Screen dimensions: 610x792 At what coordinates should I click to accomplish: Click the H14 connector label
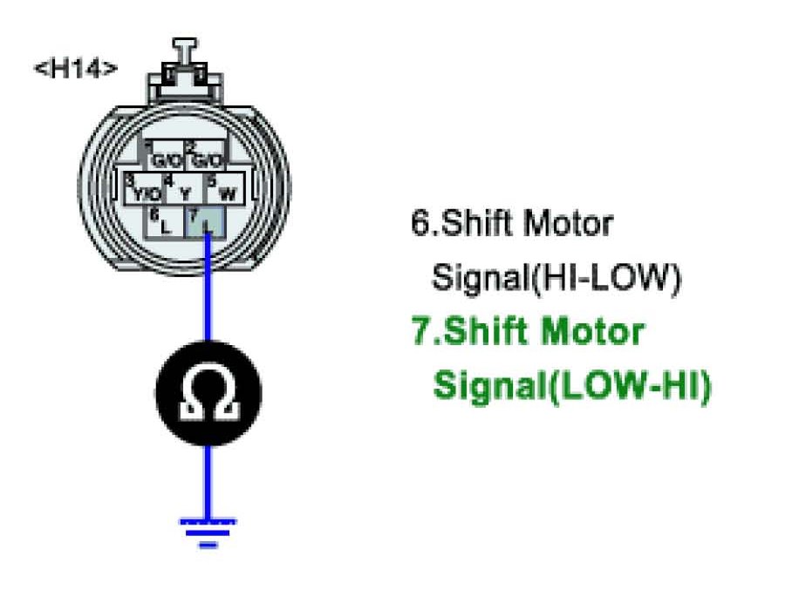(x=75, y=69)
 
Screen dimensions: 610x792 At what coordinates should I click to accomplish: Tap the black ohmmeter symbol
(x=208, y=393)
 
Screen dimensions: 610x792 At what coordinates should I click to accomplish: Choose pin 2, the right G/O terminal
(x=207, y=159)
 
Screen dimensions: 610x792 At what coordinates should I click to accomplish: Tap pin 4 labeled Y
(x=183, y=191)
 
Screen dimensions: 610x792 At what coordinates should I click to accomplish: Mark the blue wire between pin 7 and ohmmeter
(x=208, y=288)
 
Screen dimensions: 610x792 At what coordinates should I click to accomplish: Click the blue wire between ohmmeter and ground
(x=208, y=479)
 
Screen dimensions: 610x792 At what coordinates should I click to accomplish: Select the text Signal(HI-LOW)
(x=555, y=279)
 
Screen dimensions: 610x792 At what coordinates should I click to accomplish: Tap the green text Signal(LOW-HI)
(x=572, y=385)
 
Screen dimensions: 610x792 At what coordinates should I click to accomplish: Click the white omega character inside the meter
(x=208, y=395)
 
